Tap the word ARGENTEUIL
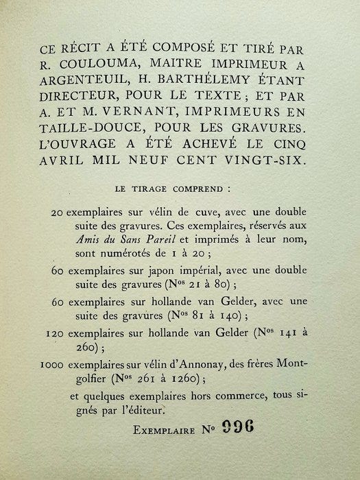[85, 89]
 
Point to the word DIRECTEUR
[89, 108]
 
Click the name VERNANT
[145, 128]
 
